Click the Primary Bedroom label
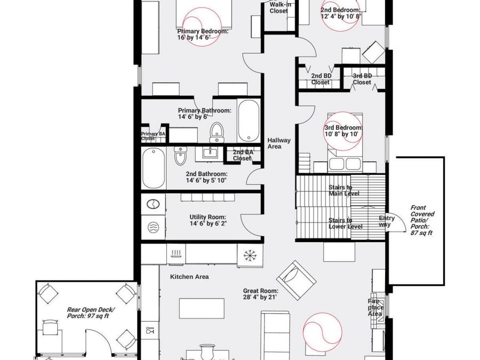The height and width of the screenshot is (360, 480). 203,34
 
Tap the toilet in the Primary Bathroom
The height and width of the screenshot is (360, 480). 217,132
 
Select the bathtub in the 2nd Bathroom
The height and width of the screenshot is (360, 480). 154,169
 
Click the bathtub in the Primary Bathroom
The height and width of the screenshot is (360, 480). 248,121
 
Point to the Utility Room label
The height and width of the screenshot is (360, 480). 208,220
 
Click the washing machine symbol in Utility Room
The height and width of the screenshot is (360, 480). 153,204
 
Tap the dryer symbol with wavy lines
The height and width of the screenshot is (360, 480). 153,227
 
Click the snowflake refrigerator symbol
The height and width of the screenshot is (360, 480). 250,255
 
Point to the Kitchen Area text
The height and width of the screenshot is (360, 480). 189,277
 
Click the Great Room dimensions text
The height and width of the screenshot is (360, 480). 260,297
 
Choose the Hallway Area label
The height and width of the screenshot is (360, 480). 279,143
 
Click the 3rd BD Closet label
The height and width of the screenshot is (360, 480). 362,79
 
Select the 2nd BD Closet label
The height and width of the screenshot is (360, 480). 321,79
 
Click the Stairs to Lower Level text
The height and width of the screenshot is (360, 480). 346,223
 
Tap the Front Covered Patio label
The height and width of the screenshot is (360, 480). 422,220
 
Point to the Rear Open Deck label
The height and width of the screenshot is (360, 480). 91,313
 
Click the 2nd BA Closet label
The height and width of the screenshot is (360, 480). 243,155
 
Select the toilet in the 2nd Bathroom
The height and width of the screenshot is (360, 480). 180,156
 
